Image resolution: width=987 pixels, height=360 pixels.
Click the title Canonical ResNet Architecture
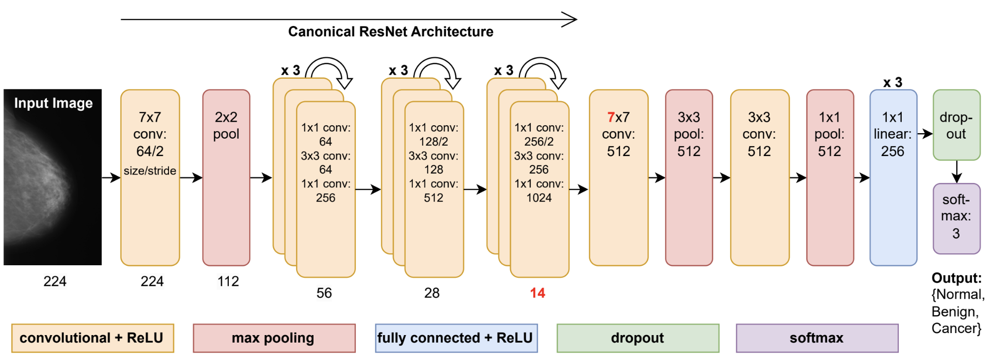click(390, 31)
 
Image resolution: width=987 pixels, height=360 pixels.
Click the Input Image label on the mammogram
click(53, 103)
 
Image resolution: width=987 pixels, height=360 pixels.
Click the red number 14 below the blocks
click(537, 293)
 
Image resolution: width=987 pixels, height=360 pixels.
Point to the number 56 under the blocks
click(324, 293)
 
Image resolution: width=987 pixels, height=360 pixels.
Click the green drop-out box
click(956, 125)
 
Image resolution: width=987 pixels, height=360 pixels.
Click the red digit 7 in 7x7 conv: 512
click(611, 117)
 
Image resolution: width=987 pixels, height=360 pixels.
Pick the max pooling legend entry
click(274, 338)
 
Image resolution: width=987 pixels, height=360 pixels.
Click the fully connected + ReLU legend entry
click(456, 338)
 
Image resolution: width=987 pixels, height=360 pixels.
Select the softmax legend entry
click(817, 338)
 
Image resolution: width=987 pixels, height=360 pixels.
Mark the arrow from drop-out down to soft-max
click(956, 172)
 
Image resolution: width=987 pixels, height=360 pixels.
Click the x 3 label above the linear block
click(892, 82)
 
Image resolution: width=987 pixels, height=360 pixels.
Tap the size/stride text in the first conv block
click(150, 171)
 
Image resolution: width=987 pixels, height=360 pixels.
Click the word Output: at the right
click(956, 278)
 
